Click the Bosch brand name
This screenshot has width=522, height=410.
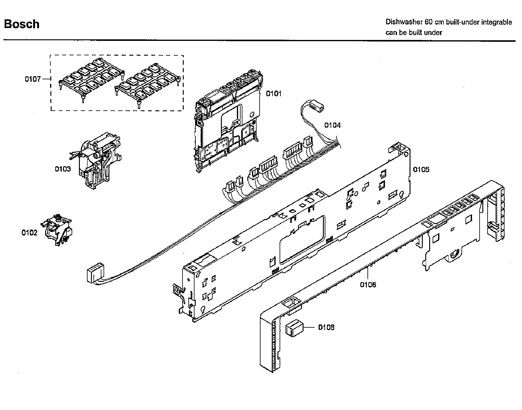22,24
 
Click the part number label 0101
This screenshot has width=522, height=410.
273,93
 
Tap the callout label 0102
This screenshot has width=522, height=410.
29,233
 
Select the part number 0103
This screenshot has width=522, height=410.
63,169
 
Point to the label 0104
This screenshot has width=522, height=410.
332,125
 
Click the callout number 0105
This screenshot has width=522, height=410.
421,169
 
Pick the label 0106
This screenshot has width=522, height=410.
368,285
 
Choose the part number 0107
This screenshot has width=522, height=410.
33,79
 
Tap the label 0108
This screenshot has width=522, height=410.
326,327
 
